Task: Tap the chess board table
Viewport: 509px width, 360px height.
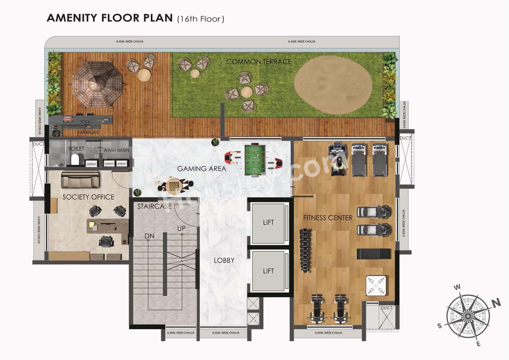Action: coord(174,185)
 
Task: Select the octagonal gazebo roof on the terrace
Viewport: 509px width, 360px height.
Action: coord(97,84)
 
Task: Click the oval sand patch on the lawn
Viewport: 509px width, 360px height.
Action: coord(333,85)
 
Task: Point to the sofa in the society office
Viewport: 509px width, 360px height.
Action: coord(80,180)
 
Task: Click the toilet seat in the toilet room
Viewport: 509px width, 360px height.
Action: coord(75,160)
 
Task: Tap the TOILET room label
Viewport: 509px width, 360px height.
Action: coord(76,149)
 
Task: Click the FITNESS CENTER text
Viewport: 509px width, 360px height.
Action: coord(328,218)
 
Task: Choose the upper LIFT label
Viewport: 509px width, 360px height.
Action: coord(268,222)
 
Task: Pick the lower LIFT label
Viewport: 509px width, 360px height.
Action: coord(268,271)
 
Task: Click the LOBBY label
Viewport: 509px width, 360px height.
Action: coord(224,261)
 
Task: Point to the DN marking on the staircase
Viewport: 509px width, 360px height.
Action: coord(149,236)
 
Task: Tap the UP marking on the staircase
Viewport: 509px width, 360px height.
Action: coord(182,229)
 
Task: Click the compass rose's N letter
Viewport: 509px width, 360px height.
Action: coord(496,304)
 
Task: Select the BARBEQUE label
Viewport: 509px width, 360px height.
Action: coord(88,132)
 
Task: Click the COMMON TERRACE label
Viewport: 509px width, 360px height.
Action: coord(259,62)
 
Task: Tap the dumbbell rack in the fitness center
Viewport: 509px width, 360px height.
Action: coord(305,251)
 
